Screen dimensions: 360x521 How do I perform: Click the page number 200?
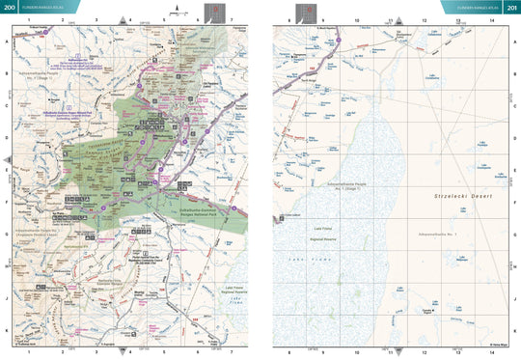coord(11,8)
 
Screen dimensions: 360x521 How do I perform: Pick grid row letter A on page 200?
coord(9,42)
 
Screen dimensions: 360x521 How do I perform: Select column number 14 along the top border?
coord(493,20)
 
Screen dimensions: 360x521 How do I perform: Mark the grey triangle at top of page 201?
coord(391,19)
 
